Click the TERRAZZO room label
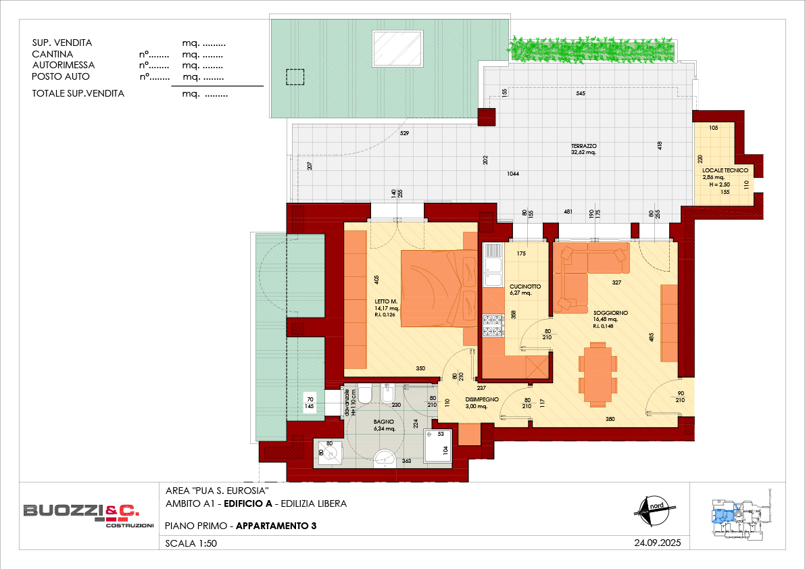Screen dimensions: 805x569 pyautogui.click(x=584, y=146)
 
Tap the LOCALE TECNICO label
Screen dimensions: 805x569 pyautogui.click(x=725, y=170)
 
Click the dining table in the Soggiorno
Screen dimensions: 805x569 pyautogui.click(x=597, y=374)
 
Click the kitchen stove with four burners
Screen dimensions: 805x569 pyautogui.click(x=493, y=326)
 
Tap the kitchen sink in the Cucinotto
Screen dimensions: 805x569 pyautogui.click(x=493, y=266)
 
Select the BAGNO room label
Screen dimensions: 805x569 pyautogui.click(x=384, y=422)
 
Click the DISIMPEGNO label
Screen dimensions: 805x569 pyautogui.click(x=481, y=399)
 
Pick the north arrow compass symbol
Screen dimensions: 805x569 pyautogui.click(x=652, y=510)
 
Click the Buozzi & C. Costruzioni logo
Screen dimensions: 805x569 pyautogui.click(x=88, y=514)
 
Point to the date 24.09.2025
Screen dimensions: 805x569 pyautogui.click(x=657, y=543)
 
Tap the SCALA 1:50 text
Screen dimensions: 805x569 pyautogui.click(x=191, y=543)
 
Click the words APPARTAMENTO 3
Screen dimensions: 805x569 pyautogui.click(x=276, y=526)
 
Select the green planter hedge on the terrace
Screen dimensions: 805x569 pyautogui.click(x=591, y=50)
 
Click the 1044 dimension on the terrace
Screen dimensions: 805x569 pyautogui.click(x=513, y=174)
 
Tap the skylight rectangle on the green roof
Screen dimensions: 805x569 pyautogui.click(x=397, y=49)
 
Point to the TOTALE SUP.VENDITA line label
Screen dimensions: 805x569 pyautogui.click(x=78, y=93)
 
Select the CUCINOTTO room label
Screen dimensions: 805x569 pyautogui.click(x=525, y=287)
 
